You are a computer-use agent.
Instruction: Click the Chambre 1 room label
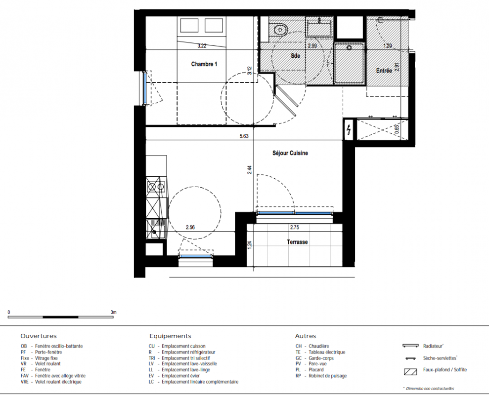(x=204, y=64)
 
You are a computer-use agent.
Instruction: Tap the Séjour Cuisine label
(x=290, y=153)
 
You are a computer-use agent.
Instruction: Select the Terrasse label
(x=297, y=242)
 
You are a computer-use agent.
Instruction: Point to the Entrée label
(x=384, y=71)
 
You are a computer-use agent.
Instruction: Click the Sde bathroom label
(x=295, y=56)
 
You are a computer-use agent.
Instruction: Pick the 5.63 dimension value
(x=244, y=136)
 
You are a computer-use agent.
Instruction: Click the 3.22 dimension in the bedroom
(x=202, y=46)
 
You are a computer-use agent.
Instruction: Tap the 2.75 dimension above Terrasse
(x=294, y=228)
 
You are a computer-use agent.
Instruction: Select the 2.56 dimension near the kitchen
(x=190, y=228)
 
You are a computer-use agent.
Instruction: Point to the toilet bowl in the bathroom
(x=281, y=30)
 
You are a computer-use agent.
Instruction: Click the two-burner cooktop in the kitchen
(x=156, y=187)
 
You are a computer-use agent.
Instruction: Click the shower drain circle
(x=349, y=48)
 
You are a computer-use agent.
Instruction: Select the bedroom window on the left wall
(x=145, y=88)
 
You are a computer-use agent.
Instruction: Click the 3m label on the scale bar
(x=113, y=312)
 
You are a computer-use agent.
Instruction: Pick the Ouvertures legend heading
(x=39, y=336)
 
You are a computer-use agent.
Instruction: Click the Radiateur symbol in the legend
(x=410, y=346)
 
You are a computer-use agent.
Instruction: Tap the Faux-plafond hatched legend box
(x=410, y=372)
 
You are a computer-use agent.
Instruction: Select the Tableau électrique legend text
(x=327, y=353)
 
